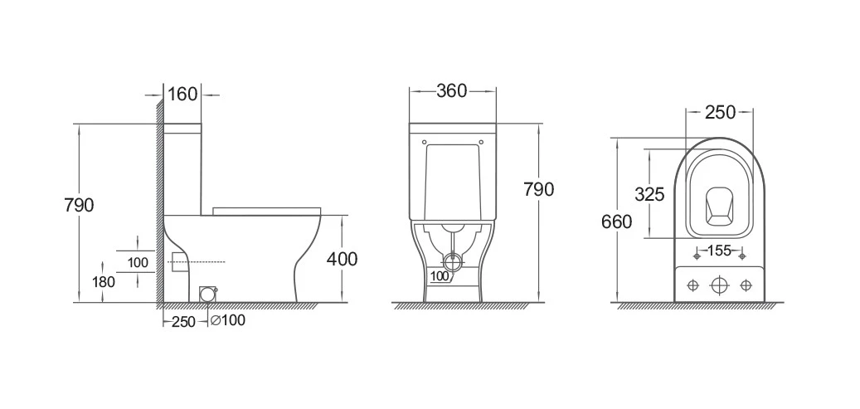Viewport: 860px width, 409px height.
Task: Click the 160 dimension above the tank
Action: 182,95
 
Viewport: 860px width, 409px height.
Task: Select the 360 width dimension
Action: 452,90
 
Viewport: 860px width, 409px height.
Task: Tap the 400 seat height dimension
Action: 342,259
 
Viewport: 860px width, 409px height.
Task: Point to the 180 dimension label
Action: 103,282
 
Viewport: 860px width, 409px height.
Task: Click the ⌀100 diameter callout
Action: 227,320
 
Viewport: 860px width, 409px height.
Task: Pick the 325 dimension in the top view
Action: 649,194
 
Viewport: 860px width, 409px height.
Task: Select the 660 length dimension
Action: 616,222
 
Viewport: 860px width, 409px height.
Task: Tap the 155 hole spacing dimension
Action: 719,251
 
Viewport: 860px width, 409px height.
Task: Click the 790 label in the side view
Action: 79,205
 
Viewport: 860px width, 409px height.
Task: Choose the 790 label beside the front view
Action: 538,189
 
